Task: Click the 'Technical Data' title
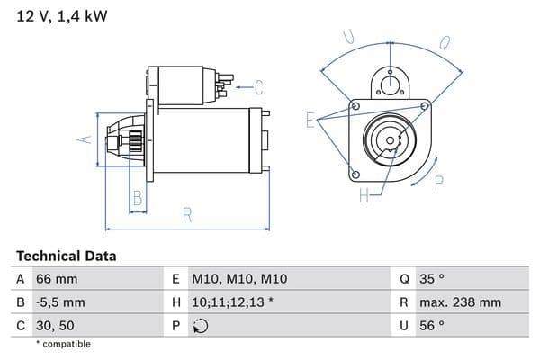click(67, 256)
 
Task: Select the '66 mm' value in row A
click(57, 279)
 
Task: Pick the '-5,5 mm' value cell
click(60, 302)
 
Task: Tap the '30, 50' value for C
click(56, 326)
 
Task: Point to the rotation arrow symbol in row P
click(201, 326)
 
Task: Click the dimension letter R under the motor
click(187, 214)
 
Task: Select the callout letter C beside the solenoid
click(258, 87)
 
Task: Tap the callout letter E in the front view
click(310, 120)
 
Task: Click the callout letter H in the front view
click(364, 195)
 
